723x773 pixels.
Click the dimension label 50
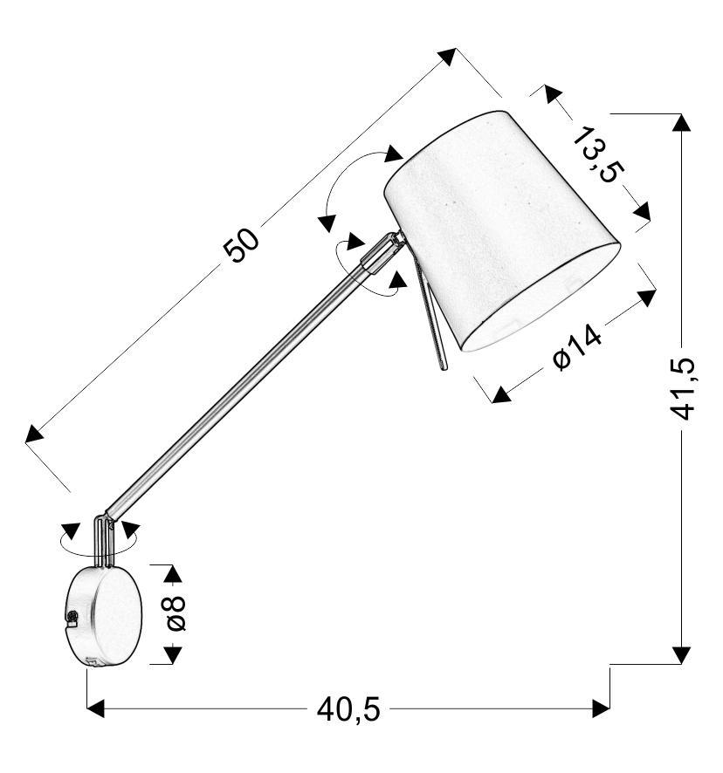click(241, 244)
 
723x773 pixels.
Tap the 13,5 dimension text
click(598, 154)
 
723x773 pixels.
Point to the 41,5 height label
click(684, 389)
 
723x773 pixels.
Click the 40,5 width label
click(348, 710)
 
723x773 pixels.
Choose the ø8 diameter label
click(176, 613)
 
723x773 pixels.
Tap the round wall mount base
click(104, 616)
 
